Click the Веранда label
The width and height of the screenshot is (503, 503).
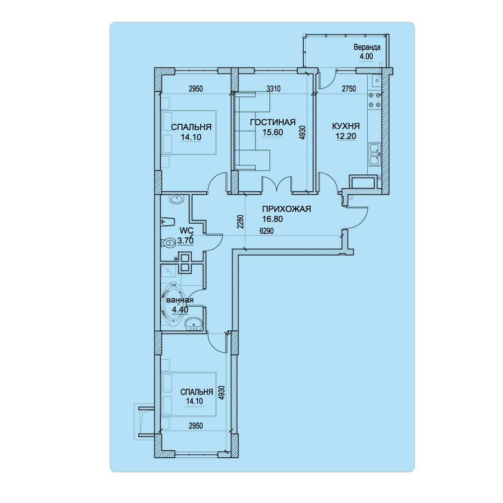coord(367,47)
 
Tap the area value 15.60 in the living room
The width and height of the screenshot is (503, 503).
coord(273,132)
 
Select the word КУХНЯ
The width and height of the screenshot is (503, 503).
coord(346,126)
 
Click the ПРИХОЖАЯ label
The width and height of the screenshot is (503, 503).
coord(287,209)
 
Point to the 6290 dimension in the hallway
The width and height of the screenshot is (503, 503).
coord(267,231)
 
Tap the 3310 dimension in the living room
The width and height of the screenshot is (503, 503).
coord(274,89)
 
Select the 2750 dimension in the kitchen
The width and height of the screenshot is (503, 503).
coord(349,89)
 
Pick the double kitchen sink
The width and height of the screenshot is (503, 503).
coord(374,154)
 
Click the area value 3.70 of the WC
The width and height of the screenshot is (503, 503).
coord(186,240)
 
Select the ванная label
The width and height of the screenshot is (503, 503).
coord(180,300)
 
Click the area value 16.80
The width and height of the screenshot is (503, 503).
coord(272,219)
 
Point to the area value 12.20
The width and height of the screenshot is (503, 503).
coord(346,136)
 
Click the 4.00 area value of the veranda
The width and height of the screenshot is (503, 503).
coord(366,56)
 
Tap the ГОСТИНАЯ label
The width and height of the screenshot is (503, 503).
coord(273,122)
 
